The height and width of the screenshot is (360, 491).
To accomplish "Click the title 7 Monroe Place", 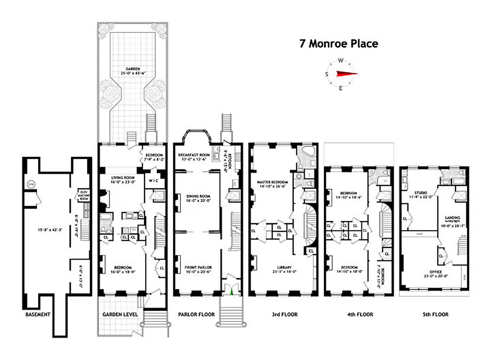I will tap(339, 44).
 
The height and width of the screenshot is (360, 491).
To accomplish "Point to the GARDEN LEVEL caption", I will tap(120, 314).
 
